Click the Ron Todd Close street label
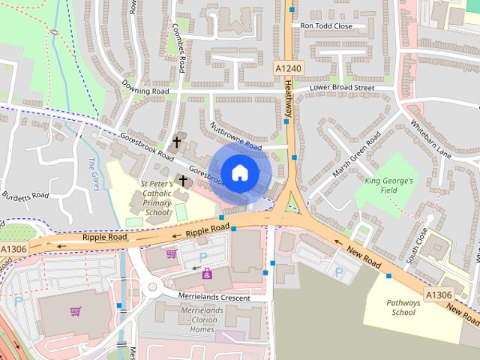coord(325,25)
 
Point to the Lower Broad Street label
coord(342,88)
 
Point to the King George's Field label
coord(388,186)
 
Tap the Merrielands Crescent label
coord(213,297)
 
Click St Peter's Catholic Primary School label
coord(157,197)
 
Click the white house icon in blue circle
coord(239,173)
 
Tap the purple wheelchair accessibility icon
coord(207,274)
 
